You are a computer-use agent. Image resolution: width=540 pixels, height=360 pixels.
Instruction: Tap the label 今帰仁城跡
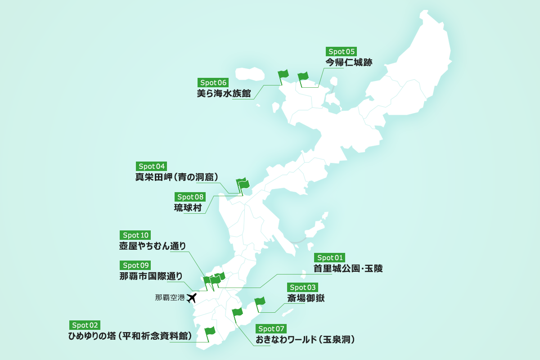349,63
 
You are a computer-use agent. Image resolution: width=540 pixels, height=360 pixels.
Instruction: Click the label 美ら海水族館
224,94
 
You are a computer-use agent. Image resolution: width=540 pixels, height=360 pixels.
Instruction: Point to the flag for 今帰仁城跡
303,77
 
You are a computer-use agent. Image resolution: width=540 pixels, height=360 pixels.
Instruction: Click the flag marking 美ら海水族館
283,75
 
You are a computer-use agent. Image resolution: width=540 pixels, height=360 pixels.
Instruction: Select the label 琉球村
188,208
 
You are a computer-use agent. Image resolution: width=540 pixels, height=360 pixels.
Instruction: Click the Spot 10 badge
135,235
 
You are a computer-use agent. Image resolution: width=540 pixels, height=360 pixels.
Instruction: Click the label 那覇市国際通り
151,276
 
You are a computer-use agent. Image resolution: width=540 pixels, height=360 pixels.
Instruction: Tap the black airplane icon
192,297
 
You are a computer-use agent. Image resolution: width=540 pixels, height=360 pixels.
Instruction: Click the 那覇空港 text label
169,297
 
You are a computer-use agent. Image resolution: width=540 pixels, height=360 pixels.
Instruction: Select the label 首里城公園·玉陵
348,269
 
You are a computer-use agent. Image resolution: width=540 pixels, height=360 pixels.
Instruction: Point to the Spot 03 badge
303,287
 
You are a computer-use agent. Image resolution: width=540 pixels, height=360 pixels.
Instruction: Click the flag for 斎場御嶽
260,302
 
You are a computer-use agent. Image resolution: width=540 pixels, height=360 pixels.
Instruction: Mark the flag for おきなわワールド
238,313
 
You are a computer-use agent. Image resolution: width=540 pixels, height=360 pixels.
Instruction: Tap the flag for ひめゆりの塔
210,332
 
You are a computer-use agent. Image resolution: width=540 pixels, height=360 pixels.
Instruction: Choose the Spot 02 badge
85,325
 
